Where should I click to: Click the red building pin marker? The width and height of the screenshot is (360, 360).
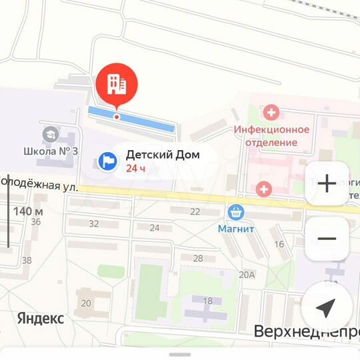tap(117, 84)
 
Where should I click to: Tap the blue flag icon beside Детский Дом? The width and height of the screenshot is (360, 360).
tap(107, 161)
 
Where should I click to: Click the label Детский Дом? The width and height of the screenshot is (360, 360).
tap(163, 155)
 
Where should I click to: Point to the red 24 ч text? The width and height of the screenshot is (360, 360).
tap(135, 168)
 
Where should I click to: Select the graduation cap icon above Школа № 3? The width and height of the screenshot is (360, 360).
tap(49, 135)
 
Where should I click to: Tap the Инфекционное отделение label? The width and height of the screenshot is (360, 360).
tap(271, 135)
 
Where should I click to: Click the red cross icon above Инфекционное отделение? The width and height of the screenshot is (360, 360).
tap(271, 112)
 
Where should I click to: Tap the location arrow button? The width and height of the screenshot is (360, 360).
tap(325, 307)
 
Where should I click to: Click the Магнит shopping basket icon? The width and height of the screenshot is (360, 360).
tap(235, 213)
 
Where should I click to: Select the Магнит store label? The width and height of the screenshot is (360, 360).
tap(236, 229)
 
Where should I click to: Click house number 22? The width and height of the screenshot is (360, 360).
tap(195, 211)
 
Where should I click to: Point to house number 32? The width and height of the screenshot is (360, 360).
tap(93, 223)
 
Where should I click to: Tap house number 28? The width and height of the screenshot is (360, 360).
tap(197, 258)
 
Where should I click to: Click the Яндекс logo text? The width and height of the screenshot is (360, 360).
tap(41, 318)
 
